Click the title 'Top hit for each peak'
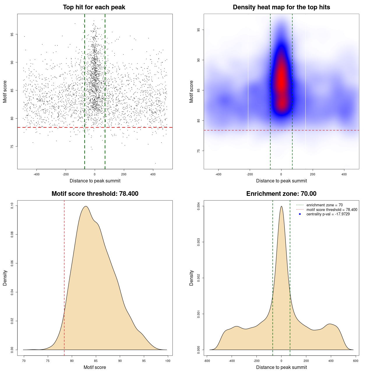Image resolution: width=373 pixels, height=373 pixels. (94, 7)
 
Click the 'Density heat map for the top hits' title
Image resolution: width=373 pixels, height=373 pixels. (281, 7)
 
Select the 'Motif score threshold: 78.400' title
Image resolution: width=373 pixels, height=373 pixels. (95, 194)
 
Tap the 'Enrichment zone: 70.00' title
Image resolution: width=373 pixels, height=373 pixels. (281, 194)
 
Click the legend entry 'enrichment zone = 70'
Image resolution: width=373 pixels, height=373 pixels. (324, 205)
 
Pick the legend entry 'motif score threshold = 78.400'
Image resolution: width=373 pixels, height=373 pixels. (332, 210)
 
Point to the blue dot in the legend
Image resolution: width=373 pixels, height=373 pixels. (300, 214)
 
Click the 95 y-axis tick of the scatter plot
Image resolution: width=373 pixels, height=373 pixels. (12, 34)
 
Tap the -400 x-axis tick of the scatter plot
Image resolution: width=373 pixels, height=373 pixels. (36, 174)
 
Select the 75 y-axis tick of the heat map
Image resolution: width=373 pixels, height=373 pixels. (198, 151)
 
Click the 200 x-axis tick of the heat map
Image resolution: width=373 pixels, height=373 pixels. (313, 174)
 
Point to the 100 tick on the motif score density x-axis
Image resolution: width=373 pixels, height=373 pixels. (168, 361)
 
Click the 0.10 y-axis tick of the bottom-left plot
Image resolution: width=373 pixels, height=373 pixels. (12, 206)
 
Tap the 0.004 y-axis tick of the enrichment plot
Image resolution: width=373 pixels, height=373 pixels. (198, 206)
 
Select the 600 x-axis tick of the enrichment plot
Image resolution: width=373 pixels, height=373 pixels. (356, 361)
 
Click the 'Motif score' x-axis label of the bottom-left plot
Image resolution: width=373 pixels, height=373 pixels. (95, 367)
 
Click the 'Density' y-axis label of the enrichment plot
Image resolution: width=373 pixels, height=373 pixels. (191, 278)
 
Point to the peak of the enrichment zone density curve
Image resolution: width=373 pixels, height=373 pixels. (281, 206)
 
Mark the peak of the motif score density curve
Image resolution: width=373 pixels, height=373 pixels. (86, 206)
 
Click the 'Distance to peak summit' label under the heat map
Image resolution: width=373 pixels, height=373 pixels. (281, 181)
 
